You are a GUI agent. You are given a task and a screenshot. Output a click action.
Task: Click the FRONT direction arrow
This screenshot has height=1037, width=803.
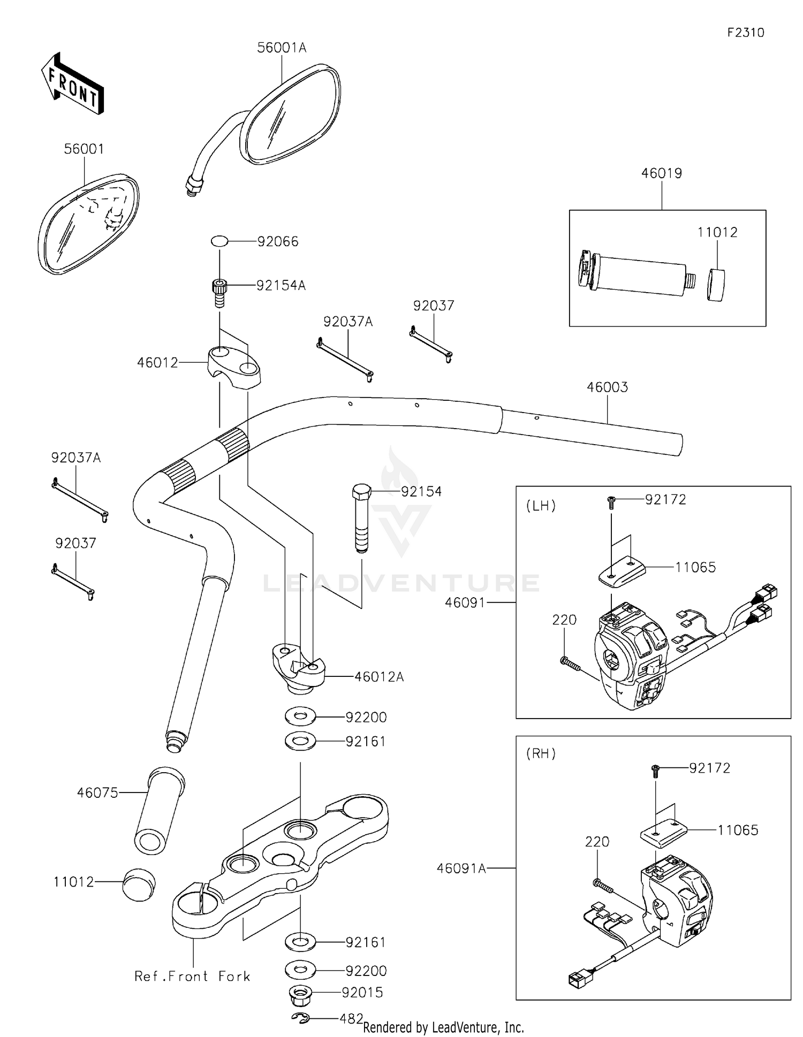pos(72,84)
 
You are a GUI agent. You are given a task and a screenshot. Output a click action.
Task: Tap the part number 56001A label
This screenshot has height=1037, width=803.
pos(282,48)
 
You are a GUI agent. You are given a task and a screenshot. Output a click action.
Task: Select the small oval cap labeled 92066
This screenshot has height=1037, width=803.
pos(219,241)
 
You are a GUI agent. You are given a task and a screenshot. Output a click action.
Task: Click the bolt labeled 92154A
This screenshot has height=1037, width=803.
pos(218,292)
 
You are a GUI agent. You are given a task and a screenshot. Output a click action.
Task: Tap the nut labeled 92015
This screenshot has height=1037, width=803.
pos(301,995)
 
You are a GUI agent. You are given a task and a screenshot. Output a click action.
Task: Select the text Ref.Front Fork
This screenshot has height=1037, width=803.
pos(192,977)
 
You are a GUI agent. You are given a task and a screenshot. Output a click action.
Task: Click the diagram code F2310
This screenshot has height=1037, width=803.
pos(745,33)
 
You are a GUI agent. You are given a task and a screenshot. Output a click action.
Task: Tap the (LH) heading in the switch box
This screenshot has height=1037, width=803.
pos(541,506)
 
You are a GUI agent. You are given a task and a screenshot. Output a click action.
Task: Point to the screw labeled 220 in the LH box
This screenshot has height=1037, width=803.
pos(570,664)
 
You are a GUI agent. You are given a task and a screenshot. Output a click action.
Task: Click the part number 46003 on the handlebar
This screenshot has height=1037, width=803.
pos(607,387)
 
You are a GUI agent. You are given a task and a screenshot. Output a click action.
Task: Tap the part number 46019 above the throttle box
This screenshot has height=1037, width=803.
pos(661,173)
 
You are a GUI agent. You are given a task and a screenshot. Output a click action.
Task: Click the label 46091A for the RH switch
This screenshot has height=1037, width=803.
pos(461,868)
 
